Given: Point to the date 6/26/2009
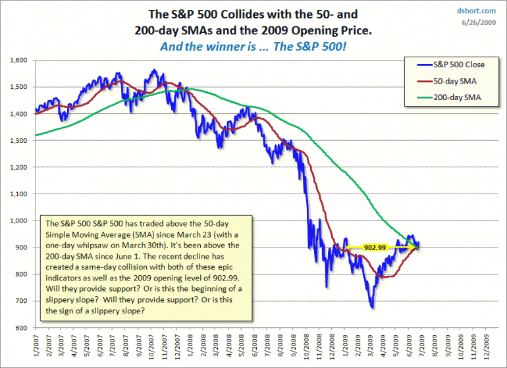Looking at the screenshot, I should pos(481,23).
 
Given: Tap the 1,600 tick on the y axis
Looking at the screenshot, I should pos(18,60).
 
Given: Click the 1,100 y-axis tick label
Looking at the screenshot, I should pos(18,194).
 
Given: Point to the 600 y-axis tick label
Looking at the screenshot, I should pos(22,328).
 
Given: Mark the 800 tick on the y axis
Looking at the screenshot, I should pos(22,275).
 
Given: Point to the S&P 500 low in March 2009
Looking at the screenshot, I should pos(372,307).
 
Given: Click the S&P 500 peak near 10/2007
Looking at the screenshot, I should pos(153,70).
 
